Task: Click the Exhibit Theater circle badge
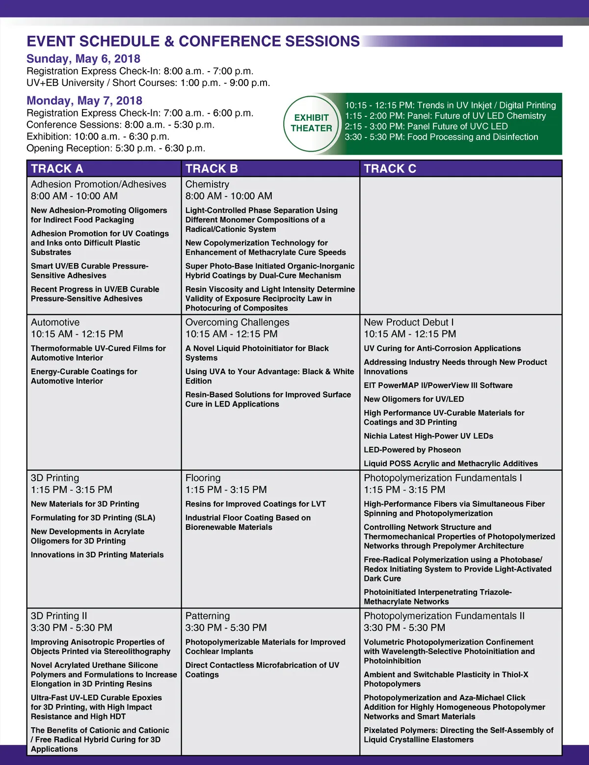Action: (311, 123)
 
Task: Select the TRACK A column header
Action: (57, 168)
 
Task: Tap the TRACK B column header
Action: (212, 168)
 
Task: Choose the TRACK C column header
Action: (390, 168)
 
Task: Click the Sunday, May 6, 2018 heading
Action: (83, 59)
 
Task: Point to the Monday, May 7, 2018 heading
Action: (84, 101)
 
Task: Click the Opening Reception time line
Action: (116, 148)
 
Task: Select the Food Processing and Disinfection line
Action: (441, 137)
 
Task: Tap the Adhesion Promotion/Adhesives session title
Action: (99, 184)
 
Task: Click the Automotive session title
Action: (55, 322)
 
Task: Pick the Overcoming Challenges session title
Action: (237, 322)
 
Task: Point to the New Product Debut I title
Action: (408, 322)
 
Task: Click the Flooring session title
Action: (203, 478)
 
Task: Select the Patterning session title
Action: (207, 616)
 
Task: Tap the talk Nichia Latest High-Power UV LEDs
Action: (428, 436)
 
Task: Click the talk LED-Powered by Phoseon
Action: (412, 450)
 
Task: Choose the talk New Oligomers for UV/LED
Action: (414, 399)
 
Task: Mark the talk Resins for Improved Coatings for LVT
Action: (255, 504)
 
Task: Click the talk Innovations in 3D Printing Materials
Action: (97, 555)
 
